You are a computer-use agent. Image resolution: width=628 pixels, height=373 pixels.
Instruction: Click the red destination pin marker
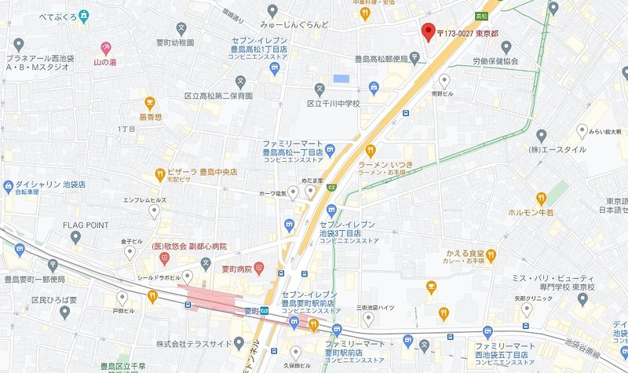pos(428,31)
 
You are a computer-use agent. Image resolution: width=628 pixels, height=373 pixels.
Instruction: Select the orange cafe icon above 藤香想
pos(150,102)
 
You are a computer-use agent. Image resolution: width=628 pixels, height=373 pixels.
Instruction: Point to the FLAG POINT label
pos(86,225)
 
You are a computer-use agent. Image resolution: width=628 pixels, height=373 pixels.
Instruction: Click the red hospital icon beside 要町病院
pos(259,269)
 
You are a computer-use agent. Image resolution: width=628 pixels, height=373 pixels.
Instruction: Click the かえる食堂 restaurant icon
pos(491,254)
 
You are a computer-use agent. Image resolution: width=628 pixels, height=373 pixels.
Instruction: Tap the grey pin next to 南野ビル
pos(444,80)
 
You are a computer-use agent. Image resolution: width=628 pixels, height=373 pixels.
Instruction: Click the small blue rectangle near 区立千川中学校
pos(341,79)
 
